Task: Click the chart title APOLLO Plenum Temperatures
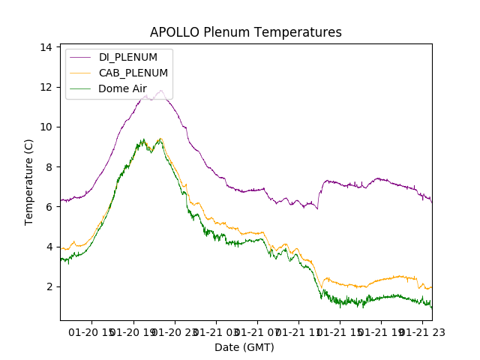click(245, 32)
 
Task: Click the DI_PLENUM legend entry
click(128, 58)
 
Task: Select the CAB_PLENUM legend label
click(133, 73)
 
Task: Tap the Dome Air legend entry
click(122, 88)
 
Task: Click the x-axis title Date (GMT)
click(244, 347)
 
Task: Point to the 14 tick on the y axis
click(46, 47)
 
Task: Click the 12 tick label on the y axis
click(46, 87)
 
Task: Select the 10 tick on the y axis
click(46, 127)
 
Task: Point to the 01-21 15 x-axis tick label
click(339, 331)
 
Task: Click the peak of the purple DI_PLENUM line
click(160, 91)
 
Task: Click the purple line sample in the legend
click(81, 58)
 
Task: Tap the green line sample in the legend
click(81, 88)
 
